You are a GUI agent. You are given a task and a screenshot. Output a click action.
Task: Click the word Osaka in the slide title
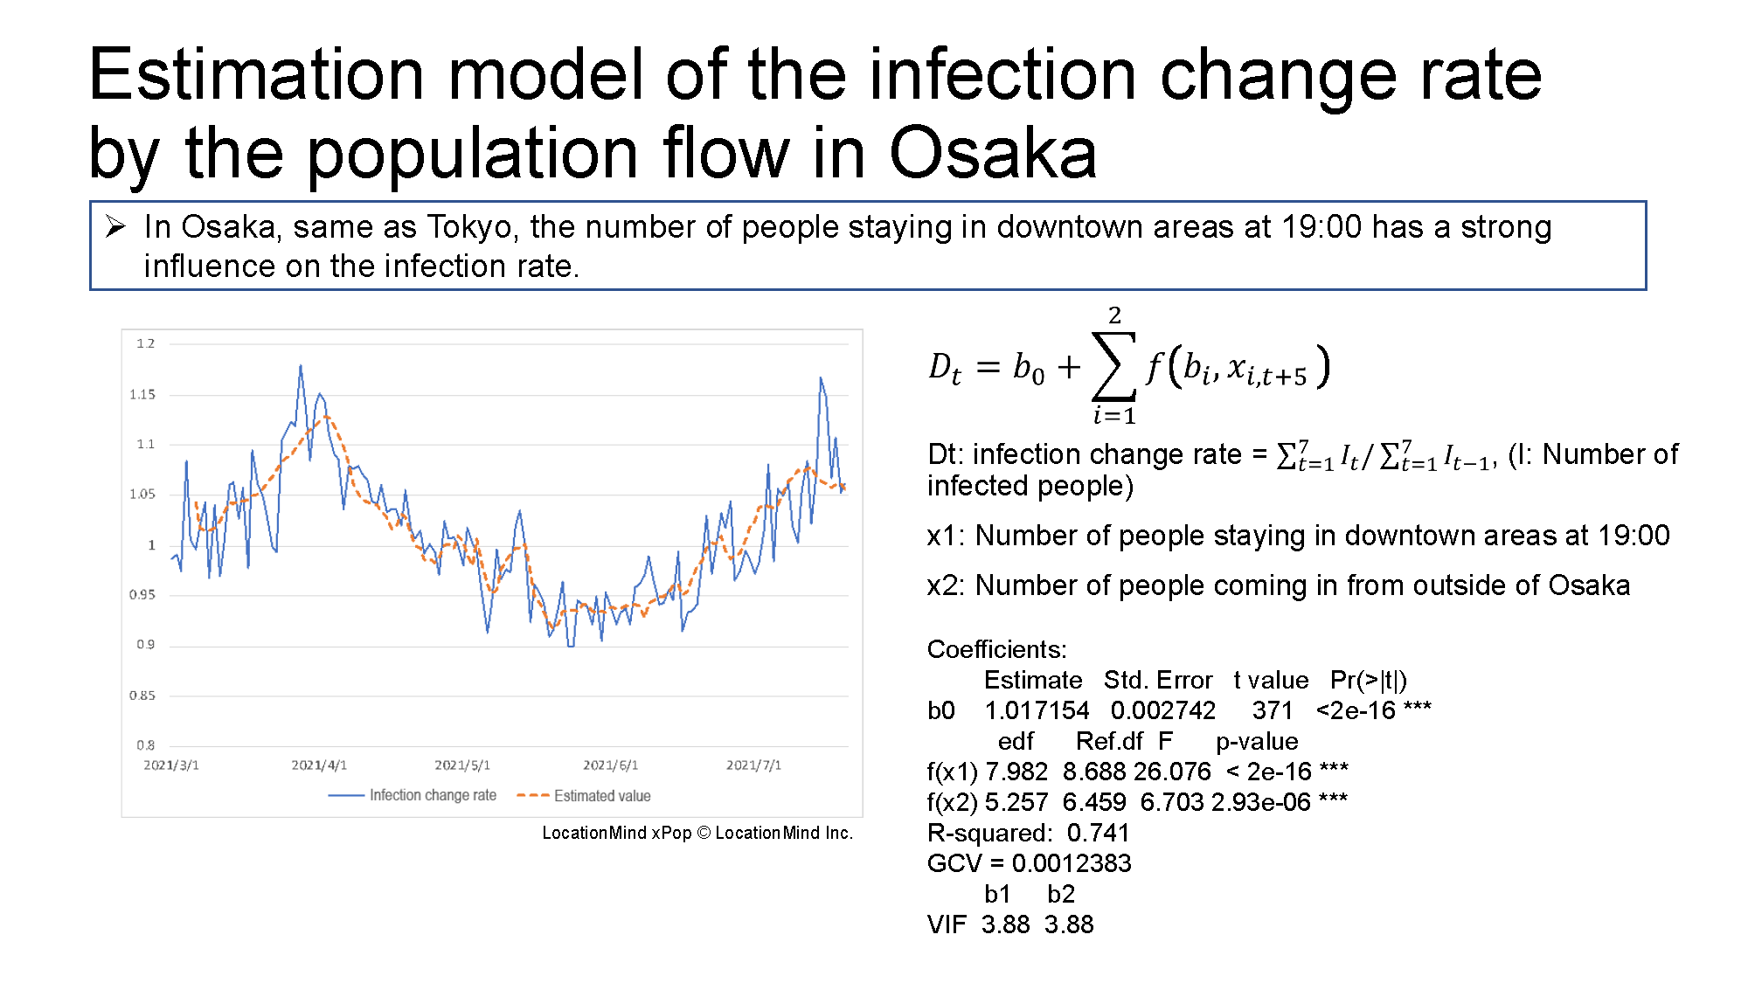tap(993, 153)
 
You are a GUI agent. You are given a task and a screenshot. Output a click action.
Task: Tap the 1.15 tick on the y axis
tap(142, 394)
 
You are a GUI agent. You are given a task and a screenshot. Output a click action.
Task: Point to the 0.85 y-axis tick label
tap(142, 696)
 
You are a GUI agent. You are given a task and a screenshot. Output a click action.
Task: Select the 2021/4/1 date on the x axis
tap(319, 765)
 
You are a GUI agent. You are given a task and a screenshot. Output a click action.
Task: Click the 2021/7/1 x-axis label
tap(753, 765)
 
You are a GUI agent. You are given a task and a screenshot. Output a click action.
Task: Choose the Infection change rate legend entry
tap(413, 795)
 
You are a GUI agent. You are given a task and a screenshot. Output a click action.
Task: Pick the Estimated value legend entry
tap(584, 795)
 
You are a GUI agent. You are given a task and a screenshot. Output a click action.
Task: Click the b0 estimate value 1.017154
tap(1037, 710)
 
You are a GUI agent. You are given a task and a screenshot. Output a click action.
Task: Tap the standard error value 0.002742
tap(1163, 710)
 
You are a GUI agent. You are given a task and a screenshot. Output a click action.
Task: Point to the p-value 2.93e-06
tap(1261, 802)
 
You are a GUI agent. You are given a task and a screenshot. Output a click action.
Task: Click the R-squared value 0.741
tap(1099, 833)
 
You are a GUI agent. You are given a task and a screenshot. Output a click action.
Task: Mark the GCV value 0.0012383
tap(1072, 863)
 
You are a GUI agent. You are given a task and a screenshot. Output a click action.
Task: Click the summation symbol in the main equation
tap(1114, 366)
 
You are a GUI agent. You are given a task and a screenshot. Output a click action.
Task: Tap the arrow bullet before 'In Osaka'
tap(116, 227)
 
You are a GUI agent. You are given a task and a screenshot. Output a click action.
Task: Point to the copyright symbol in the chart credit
tap(704, 833)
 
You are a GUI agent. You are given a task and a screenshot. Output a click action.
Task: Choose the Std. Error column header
tap(1158, 680)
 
